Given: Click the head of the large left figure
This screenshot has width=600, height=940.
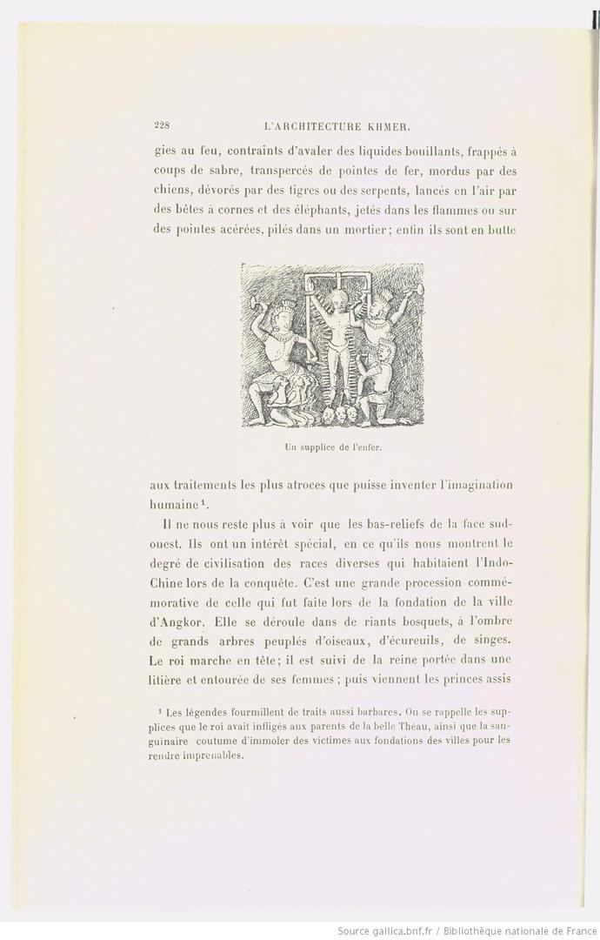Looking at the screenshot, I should coord(280,309).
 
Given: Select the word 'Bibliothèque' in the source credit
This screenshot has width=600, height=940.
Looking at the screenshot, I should coord(496,930).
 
